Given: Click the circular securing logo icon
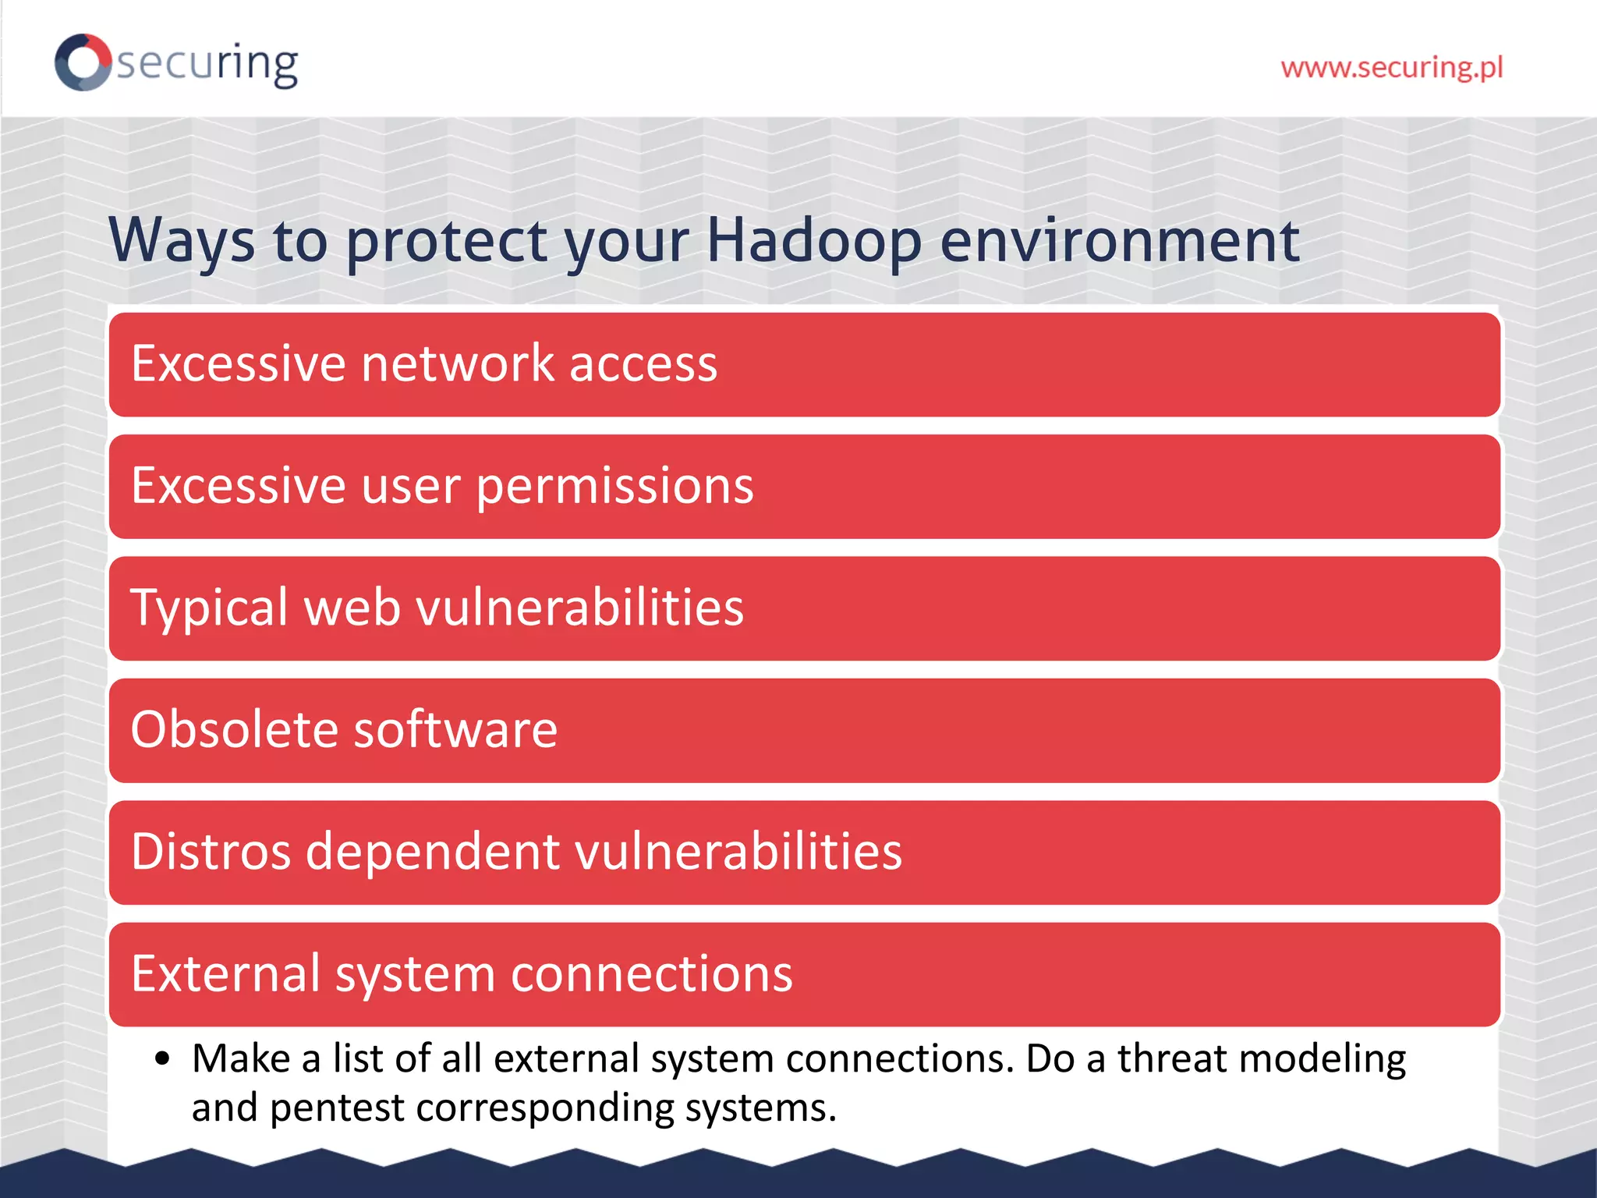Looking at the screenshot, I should [x=83, y=62].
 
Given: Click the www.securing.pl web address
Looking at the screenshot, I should [x=1391, y=68].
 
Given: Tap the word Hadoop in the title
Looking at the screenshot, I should [x=813, y=240].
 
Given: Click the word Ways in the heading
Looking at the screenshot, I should [x=182, y=240].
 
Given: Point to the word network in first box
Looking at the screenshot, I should [x=457, y=363].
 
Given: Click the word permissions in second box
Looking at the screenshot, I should [x=614, y=487].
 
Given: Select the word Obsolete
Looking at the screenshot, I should [x=234, y=729].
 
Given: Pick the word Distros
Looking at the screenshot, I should [x=211, y=851].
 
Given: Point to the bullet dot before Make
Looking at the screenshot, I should [x=162, y=1059].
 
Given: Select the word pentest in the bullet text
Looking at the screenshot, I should [x=337, y=1108].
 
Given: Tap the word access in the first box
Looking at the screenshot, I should [x=643, y=363].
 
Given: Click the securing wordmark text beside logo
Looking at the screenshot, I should [x=207, y=64].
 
